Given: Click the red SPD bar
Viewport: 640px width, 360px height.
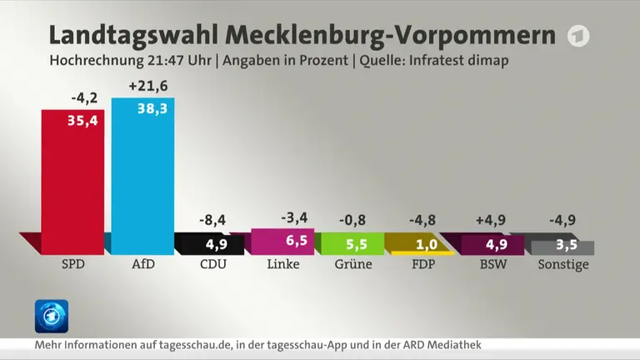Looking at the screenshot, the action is coord(72,182).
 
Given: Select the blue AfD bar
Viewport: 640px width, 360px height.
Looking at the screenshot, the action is coord(142,177).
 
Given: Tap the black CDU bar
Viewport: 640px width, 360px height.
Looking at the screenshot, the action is coord(212,245).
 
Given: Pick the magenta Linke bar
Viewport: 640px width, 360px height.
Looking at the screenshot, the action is coord(282,242).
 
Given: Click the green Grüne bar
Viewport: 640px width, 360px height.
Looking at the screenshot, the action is coord(352,243).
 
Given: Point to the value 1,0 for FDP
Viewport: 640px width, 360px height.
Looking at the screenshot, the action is coord(427,244).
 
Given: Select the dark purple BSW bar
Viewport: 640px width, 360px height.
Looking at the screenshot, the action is coord(492,245).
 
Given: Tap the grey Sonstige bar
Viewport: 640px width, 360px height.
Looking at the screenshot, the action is coord(562,247).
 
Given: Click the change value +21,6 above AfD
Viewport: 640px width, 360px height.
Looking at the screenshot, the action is coord(148,86).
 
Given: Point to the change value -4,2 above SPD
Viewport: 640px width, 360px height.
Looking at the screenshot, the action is coord(84,98).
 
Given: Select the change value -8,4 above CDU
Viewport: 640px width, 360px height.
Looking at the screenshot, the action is coord(212,220).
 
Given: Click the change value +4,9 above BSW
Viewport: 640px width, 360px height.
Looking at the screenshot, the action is coord(491,220).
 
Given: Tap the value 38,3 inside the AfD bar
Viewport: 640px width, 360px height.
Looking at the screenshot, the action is coord(152,108).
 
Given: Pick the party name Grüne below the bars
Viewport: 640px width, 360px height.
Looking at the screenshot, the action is coord(353,264).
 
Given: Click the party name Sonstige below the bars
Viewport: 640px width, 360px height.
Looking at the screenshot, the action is coord(563,265).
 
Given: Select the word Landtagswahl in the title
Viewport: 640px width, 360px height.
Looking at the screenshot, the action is coord(133,35).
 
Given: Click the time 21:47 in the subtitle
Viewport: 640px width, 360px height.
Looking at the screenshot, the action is coord(164,60).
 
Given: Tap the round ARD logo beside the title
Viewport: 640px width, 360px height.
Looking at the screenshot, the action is coord(578,36).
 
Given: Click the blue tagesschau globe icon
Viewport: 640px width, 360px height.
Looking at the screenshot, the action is coord(52,317).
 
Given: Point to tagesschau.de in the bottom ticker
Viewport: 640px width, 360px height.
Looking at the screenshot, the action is coord(195,345).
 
